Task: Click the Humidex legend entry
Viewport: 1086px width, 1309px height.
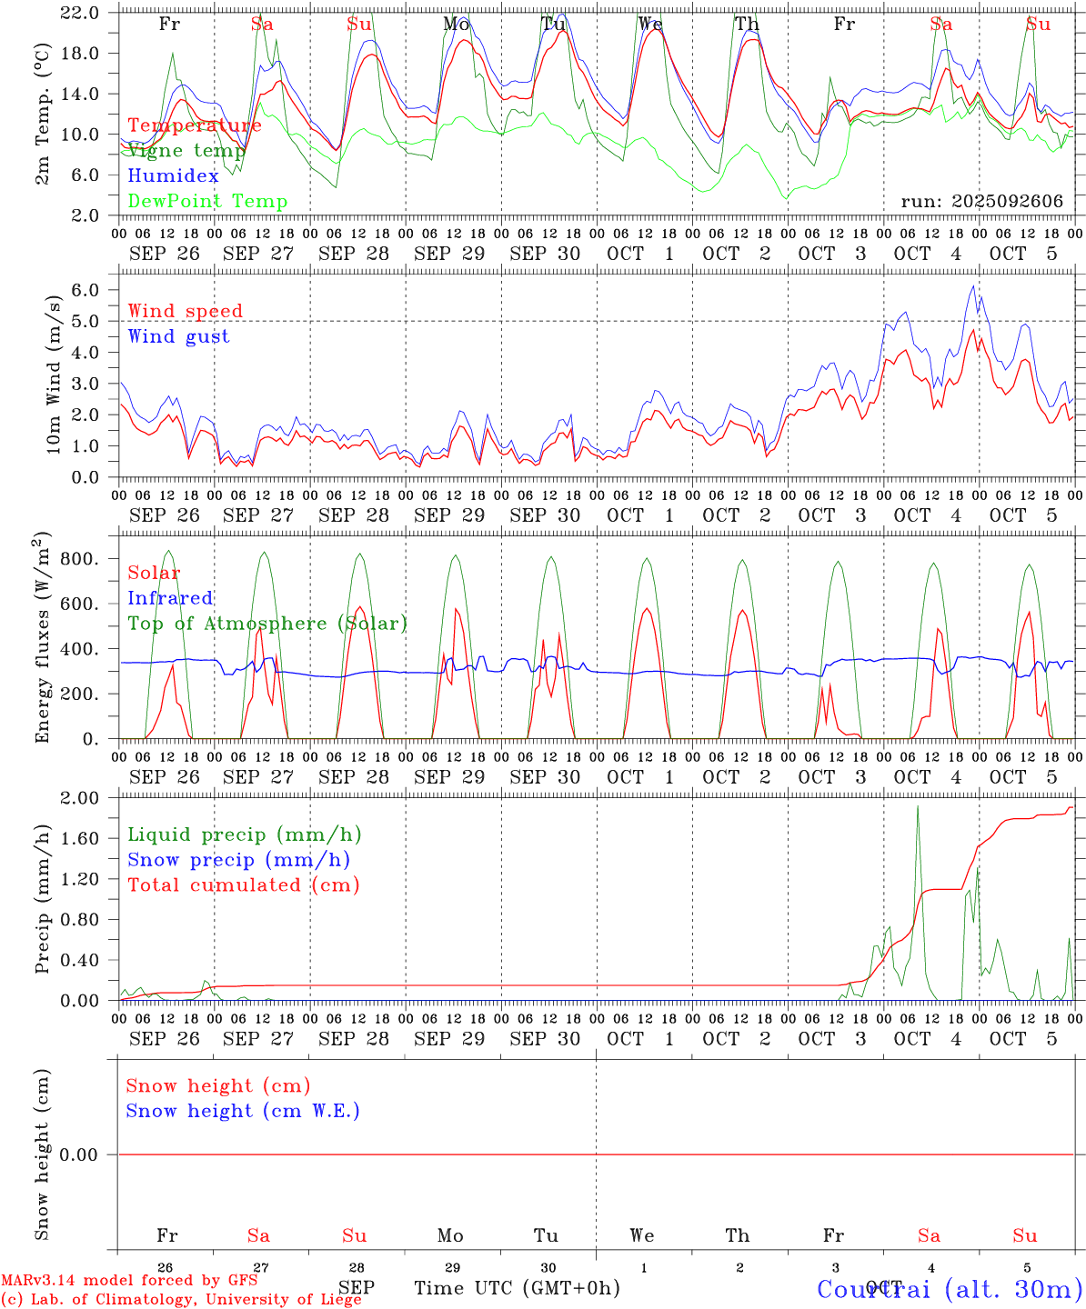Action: click(174, 176)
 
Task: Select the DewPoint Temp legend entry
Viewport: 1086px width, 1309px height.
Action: click(207, 202)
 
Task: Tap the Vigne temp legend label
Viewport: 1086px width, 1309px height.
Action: click(186, 151)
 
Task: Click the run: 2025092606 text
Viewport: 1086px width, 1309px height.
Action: click(981, 202)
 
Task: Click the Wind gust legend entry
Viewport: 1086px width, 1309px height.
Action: click(178, 336)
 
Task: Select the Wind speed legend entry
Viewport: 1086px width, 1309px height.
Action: click(186, 311)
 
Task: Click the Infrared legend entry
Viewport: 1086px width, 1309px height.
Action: click(170, 598)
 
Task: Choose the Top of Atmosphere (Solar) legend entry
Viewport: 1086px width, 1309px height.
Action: click(267, 624)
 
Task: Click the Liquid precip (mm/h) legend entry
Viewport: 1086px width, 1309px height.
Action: click(245, 834)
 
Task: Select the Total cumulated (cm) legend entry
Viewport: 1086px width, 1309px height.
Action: click(244, 885)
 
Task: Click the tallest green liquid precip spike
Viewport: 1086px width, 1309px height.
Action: click(918, 807)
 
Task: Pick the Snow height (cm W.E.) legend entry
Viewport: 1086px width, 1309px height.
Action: click(243, 1111)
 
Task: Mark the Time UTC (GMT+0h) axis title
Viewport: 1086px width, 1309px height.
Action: click(518, 1288)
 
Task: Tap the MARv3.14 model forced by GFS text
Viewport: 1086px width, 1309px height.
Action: click(129, 1280)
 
